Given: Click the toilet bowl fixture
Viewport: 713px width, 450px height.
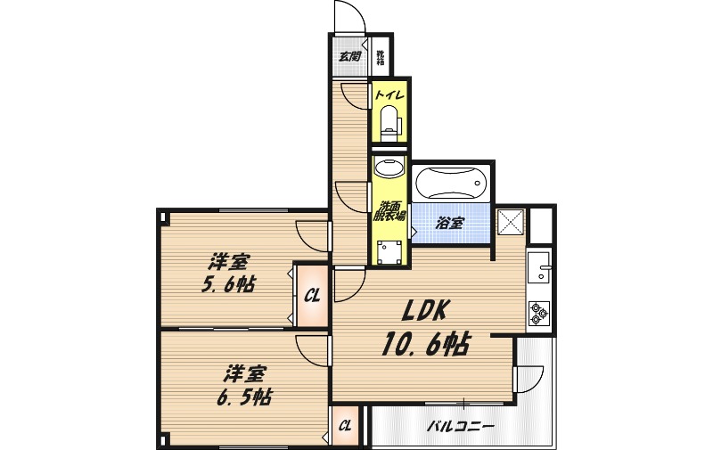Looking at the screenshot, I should tap(389, 121).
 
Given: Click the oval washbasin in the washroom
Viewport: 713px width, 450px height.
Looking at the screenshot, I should tap(389, 168).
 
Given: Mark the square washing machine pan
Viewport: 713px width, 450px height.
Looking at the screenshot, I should tap(389, 252).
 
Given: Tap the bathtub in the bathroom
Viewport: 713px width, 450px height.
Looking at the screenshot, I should tap(451, 184).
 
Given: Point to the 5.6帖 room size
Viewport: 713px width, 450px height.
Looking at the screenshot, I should tap(228, 285).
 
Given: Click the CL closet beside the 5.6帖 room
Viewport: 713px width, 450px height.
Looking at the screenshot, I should tap(312, 295).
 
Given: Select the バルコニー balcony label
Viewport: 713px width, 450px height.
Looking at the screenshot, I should tap(459, 426).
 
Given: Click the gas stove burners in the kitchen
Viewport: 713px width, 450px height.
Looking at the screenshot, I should tap(539, 313).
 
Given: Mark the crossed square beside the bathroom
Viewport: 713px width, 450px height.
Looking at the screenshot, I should tap(511, 221).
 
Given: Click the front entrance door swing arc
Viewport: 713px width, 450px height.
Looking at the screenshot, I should tap(348, 15).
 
